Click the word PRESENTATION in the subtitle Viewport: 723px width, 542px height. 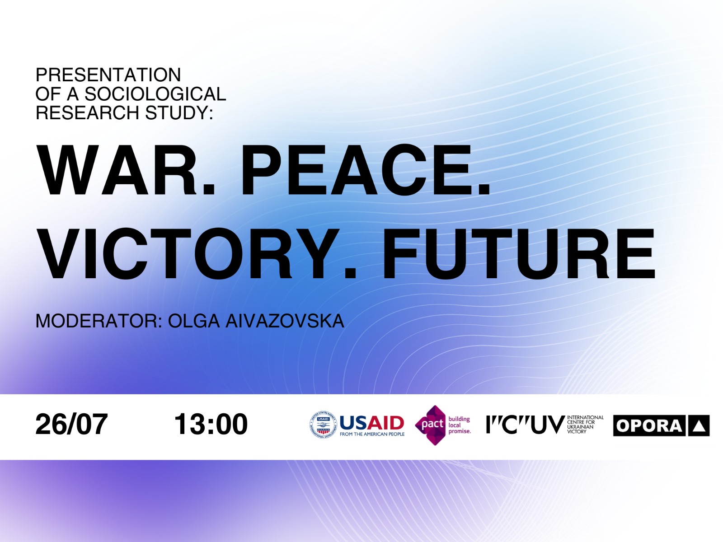point(108,75)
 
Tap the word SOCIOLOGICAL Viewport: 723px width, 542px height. point(155,94)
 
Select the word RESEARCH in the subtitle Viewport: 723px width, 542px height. point(87,112)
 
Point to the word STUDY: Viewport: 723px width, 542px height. point(179,112)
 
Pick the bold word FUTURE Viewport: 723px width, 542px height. point(518,253)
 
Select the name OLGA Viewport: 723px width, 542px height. point(194,321)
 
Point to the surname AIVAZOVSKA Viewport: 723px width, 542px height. point(285,321)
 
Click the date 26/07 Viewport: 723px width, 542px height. point(71,424)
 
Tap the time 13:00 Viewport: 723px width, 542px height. point(211,424)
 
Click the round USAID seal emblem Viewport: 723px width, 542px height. point(323,425)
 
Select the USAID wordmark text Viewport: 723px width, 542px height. point(371,423)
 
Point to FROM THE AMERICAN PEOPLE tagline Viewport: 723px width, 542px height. point(372,434)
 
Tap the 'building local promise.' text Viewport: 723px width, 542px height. point(460,425)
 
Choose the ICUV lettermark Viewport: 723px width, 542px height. point(526,425)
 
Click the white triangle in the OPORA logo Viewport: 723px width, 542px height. point(699,426)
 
